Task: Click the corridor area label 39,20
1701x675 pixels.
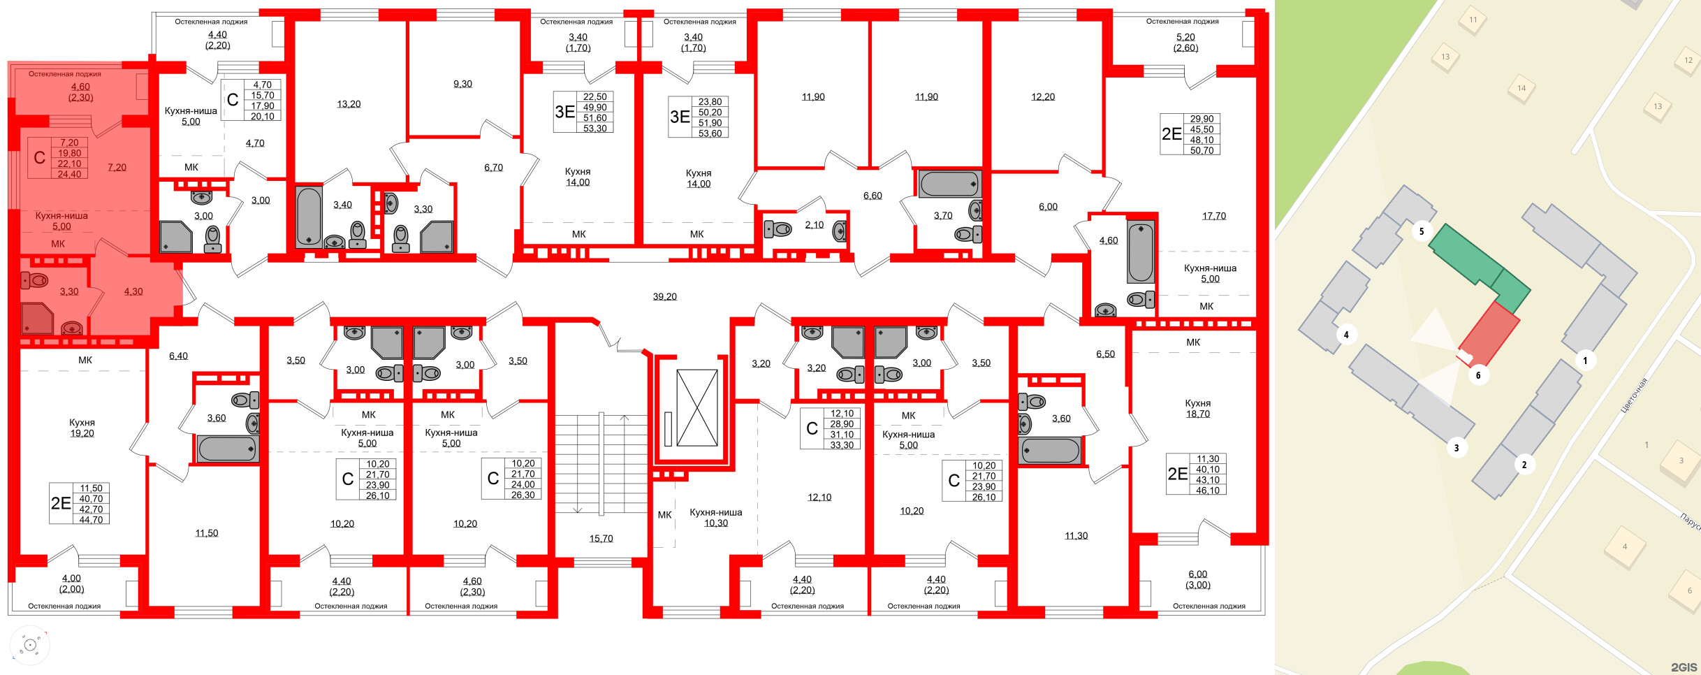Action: (664, 296)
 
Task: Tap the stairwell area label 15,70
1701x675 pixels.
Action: (601, 538)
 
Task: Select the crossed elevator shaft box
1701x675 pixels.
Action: (696, 408)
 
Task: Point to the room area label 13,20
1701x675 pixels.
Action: (349, 104)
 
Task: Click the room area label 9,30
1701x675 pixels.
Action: (462, 84)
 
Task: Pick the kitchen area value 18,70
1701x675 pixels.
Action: (1197, 414)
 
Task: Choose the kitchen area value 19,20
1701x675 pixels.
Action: (82, 433)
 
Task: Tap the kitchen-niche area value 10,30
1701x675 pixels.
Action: (716, 523)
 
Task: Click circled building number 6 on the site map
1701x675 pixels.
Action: (1477, 375)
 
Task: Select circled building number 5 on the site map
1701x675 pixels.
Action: (1421, 231)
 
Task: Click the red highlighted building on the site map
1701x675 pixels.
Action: (1490, 333)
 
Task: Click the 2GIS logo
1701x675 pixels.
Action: (1684, 667)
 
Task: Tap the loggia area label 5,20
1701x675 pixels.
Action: (1185, 37)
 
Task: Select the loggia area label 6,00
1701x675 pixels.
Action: (1197, 574)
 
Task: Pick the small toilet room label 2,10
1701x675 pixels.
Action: (814, 225)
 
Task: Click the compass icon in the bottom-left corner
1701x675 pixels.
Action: (30, 645)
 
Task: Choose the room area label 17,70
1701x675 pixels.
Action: (1213, 216)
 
